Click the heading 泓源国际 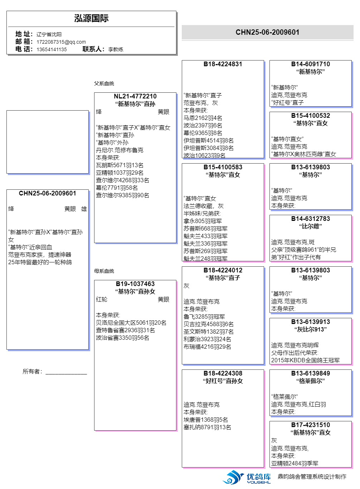pyautogui.click(x=91, y=19)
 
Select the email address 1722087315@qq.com pyautogui.click(x=61, y=42)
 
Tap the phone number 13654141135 pyautogui.click(x=52, y=49)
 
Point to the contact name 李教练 pyautogui.click(x=116, y=49)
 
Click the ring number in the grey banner pyautogui.click(x=267, y=32)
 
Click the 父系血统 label pyautogui.click(x=104, y=83)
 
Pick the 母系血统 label pyautogui.click(x=104, y=271)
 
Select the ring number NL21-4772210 pyautogui.click(x=135, y=96)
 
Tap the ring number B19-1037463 pyautogui.click(x=135, y=284)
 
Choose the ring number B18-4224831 pyautogui.click(x=223, y=64)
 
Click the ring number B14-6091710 pyautogui.click(x=310, y=64)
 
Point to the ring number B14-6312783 pyautogui.click(x=310, y=219)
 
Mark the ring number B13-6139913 pyautogui.click(x=310, y=322)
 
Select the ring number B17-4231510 pyautogui.click(x=310, y=425)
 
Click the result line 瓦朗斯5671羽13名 pyautogui.click(x=120, y=165)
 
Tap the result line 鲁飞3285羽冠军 pyautogui.click(x=204, y=316)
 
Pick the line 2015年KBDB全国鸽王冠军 pyautogui.click(x=305, y=360)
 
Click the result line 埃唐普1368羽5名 pyautogui.click(x=205, y=420)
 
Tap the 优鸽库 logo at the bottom pyautogui.click(x=247, y=477)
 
